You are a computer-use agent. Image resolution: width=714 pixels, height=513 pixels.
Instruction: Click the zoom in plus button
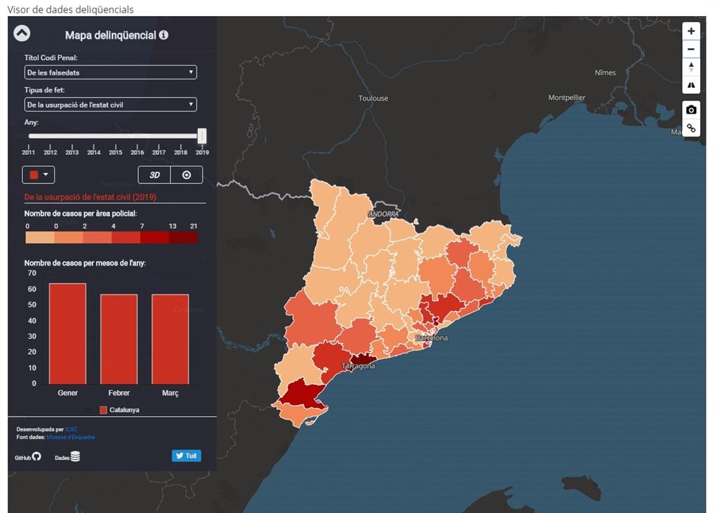[691, 31]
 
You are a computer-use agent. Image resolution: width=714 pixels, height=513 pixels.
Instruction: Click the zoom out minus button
[691, 49]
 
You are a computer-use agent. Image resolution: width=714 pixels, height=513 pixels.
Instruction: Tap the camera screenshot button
[691, 110]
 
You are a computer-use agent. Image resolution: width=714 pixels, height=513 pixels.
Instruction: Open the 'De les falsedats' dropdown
[110, 72]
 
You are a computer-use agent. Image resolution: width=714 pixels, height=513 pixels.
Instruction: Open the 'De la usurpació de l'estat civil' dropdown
[110, 105]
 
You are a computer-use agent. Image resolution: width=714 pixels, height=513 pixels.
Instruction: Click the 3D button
[155, 175]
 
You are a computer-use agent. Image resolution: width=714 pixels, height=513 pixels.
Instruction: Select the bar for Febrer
[119, 339]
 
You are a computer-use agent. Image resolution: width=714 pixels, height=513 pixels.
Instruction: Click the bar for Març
[170, 339]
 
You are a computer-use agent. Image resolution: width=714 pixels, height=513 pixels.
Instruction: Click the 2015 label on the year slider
[116, 152]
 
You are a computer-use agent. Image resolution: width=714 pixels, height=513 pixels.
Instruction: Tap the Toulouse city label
[373, 98]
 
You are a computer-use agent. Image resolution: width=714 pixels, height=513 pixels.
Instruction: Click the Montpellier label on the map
[566, 98]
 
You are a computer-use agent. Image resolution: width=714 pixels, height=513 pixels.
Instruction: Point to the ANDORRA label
[383, 214]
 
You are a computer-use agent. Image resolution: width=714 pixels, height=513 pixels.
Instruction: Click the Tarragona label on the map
[358, 366]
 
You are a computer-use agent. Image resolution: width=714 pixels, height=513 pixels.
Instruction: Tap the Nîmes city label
[605, 72]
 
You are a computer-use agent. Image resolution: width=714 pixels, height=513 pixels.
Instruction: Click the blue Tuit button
[186, 456]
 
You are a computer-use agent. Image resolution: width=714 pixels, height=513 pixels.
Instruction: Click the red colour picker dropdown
[38, 175]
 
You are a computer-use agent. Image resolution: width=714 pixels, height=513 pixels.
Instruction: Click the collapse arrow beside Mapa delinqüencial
[22, 33]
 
